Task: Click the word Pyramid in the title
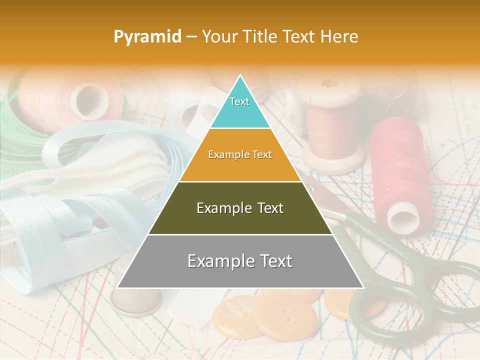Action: click(x=147, y=37)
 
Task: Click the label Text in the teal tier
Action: click(x=239, y=101)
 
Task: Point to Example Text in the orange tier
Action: click(x=240, y=154)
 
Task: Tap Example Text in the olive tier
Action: click(x=240, y=208)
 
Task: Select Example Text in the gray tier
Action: click(x=240, y=261)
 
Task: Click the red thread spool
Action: click(x=397, y=170)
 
